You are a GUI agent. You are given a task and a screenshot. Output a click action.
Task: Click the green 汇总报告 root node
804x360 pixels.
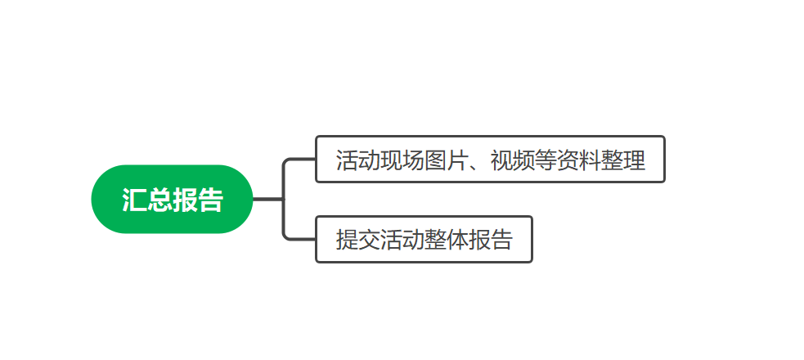[172, 199]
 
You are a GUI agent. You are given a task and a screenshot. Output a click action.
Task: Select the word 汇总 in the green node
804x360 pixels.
[147, 200]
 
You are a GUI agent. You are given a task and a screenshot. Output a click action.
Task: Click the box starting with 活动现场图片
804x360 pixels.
[490, 159]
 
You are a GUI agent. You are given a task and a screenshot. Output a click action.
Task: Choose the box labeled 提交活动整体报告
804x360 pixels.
[424, 239]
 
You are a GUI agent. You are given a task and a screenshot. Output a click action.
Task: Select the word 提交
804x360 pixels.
[358, 240]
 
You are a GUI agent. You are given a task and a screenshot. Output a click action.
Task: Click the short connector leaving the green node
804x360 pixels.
[267, 199]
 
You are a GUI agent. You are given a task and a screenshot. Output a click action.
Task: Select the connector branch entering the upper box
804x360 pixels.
[300, 159]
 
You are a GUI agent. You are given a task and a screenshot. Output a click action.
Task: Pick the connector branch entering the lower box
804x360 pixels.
[300, 239]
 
